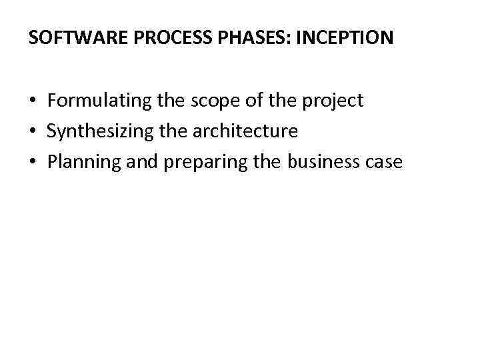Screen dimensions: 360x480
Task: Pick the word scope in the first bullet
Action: tap(210, 102)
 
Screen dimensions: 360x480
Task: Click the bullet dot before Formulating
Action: tap(32, 101)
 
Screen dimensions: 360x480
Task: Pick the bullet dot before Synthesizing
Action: tap(32, 132)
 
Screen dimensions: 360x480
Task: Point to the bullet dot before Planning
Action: tap(32, 163)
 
